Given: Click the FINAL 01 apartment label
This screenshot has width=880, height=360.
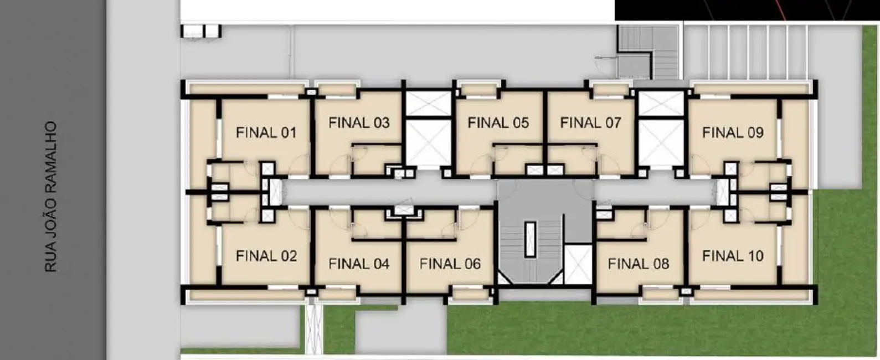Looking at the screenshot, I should pyautogui.click(x=266, y=133).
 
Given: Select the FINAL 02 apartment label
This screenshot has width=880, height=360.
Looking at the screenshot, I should pyautogui.click(x=266, y=256).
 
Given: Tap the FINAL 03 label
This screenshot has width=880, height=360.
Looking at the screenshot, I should pyautogui.click(x=359, y=122).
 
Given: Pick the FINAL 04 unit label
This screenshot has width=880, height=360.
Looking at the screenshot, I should pyautogui.click(x=359, y=264).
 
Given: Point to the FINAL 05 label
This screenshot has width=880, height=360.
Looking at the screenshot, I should pyautogui.click(x=498, y=122).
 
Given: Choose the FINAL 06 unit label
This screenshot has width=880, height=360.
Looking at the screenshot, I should pyautogui.click(x=450, y=264).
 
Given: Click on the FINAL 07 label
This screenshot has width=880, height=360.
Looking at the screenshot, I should pyautogui.click(x=590, y=122).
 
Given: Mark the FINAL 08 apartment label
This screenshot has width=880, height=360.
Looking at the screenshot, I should pyautogui.click(x=638, y=264).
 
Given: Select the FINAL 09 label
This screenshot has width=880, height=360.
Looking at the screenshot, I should pyautogui.click(x=733, y=133).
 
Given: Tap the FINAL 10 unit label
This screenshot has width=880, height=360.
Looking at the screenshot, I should pyautogui.click(x=733, y=256).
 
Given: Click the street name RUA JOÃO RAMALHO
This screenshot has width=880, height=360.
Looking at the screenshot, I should pyautogui.click(x=51, y=197).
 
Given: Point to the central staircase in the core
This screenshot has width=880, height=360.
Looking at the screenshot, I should pyautogui.click(x=531, y=244).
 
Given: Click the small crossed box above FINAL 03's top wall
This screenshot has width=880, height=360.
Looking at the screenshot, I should pyautogui.click(x=311, y=92).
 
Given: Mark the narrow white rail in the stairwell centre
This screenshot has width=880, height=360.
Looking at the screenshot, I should pyautogui.click(x=531, y=239).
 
